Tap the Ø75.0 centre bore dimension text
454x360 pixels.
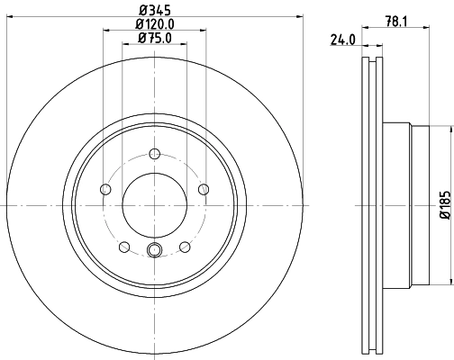coord(154,38)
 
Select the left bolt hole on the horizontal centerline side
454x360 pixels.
coord(104,189)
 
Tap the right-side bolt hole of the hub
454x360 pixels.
coord(204,189)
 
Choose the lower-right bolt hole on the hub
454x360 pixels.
coord(185,247)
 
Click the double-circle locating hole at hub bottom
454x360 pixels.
coord(154,252)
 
